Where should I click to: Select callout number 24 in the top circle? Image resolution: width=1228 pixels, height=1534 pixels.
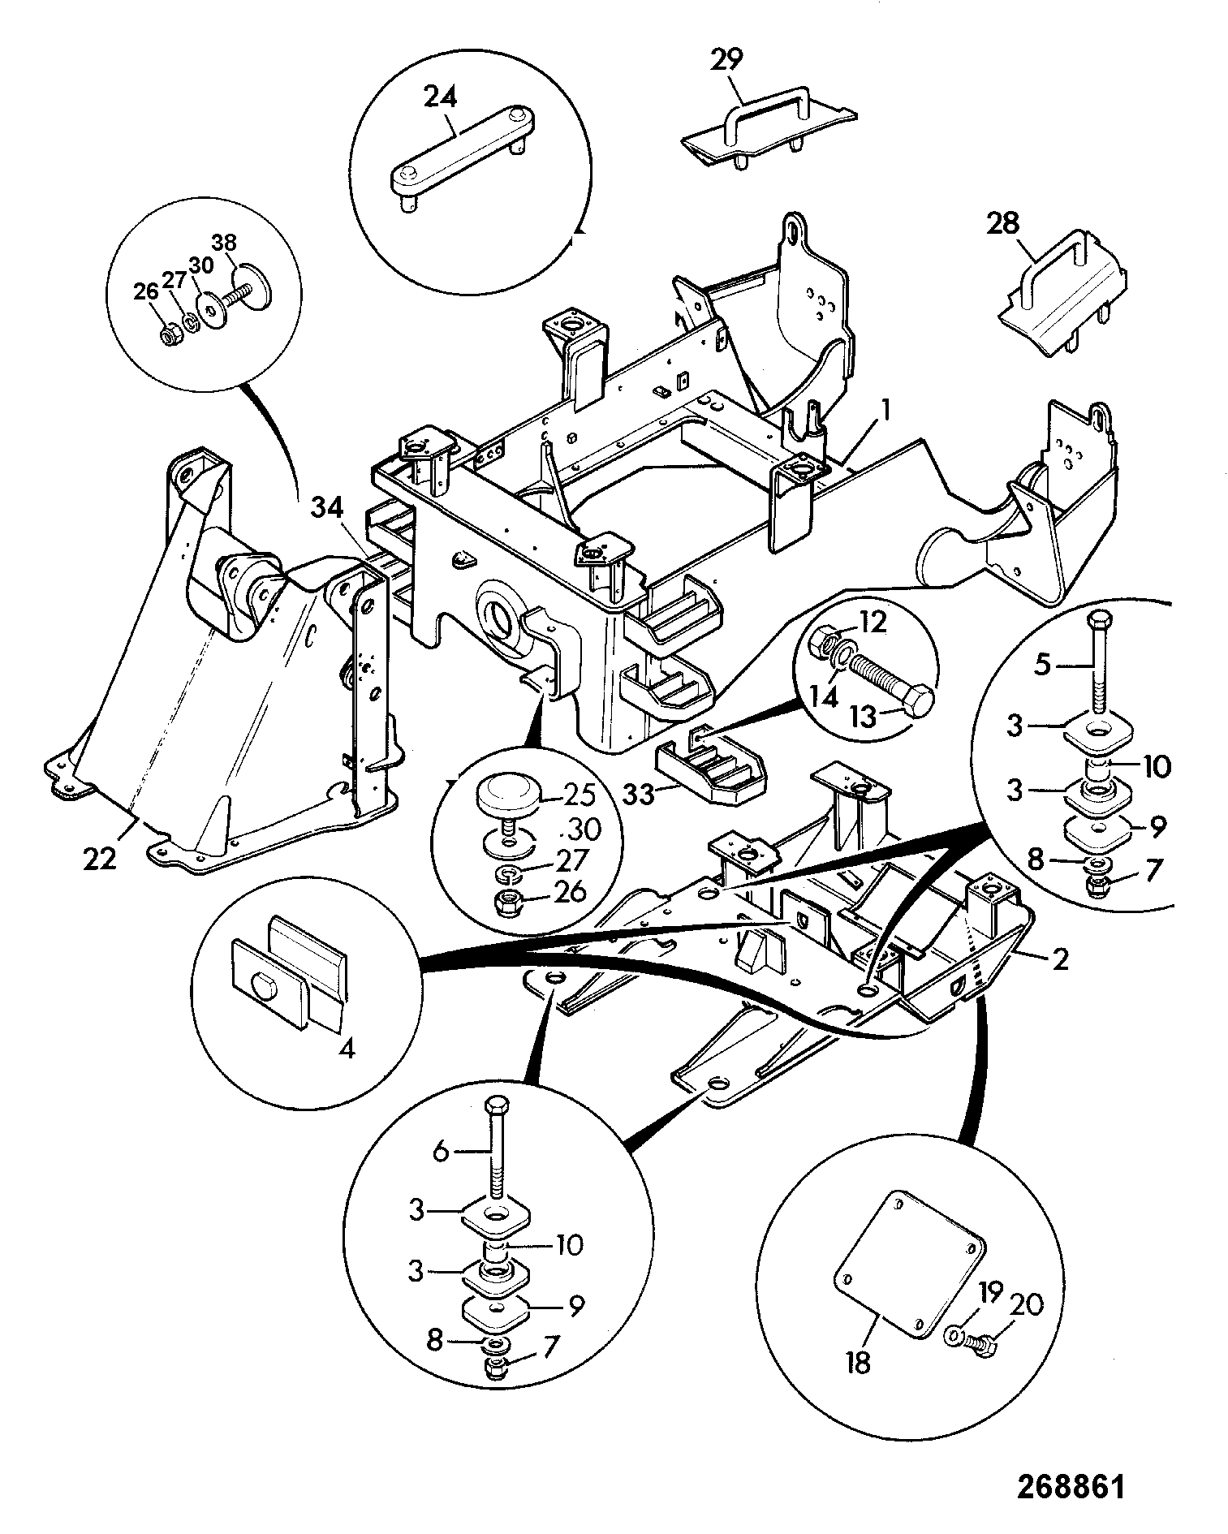coord(440,97)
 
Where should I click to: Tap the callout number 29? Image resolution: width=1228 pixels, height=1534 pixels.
coord(726,60)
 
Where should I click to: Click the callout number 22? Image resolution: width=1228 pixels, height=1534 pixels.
coord(100,858)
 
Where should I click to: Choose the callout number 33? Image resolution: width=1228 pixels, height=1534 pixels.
coord(638,793)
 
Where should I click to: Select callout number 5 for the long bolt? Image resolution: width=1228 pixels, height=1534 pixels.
coord(1043,666)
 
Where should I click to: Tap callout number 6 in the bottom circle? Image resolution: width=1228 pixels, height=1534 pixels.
coord(441,1152)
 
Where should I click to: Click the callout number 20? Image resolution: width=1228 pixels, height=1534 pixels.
coord(1026,1304)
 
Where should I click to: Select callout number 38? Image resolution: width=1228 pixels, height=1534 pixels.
coord(225,243)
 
